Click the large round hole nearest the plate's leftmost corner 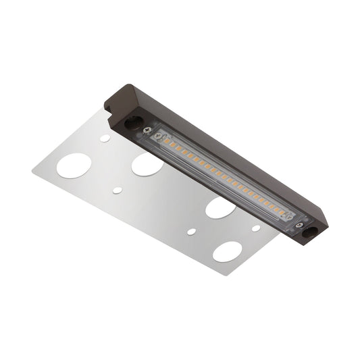click(x=74, y=165)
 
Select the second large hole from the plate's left click(x=147, y=163)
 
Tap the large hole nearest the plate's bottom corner click(x=227, y=252)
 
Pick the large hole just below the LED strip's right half click(x=220, y=207)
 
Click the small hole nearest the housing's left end click(x=105, y=138)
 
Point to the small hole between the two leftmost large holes click(x=118, y=190)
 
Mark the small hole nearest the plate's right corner click(x=256, y=228)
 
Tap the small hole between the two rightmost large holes click(x=192, y=231)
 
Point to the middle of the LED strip click(x=223, y=177)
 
